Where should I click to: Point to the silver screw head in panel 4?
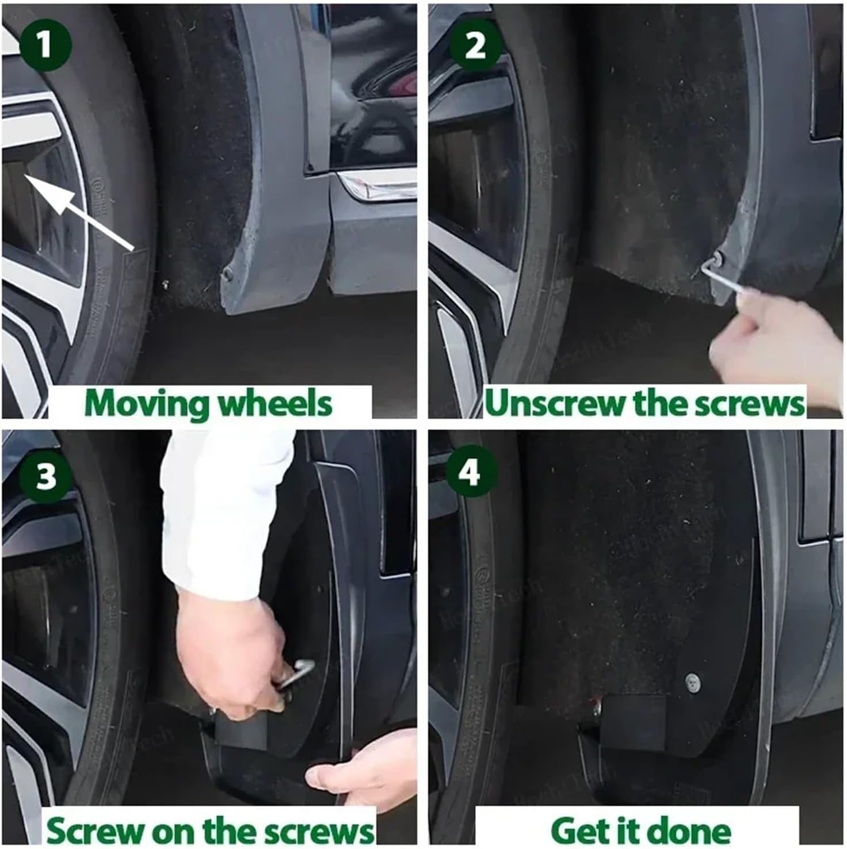click(693, 682)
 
